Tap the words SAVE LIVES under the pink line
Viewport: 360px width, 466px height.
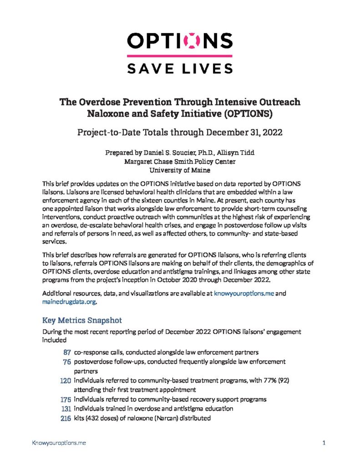coord(180,68)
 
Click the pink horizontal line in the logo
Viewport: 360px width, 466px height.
coord(180,56)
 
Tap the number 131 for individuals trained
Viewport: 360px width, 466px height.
coord(65,409)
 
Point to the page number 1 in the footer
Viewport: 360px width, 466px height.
coord(323,442)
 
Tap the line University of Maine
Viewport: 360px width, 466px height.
coord(180,170)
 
